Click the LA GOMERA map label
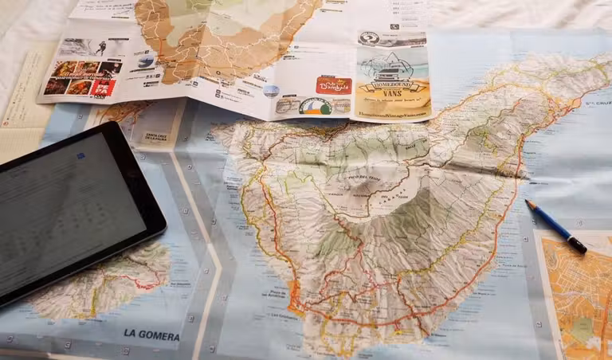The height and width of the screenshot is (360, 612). pos(151,336)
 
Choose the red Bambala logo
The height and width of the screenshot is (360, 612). pos(334,84)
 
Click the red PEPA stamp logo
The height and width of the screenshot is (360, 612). pos(103,88)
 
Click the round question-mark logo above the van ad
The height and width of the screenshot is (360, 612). pos(368,37)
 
